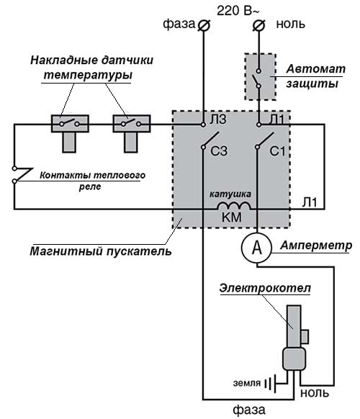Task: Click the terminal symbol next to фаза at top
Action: pos(204,25)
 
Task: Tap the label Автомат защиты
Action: pos(312,76)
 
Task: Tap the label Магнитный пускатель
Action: pos(101,252)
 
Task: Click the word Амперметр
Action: pos(317,245)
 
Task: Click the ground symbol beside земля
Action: pos(269,382)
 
